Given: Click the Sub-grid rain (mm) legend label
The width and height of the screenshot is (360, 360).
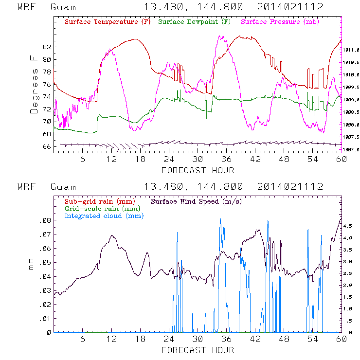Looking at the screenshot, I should (99, 201).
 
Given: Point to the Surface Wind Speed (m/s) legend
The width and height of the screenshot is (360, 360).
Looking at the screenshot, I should (197, 201).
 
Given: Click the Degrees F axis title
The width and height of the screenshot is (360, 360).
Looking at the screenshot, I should (34, 84).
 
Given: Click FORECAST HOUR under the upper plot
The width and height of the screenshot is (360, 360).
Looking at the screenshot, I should (198, 170).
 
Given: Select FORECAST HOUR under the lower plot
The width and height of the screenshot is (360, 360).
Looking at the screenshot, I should (198, 350).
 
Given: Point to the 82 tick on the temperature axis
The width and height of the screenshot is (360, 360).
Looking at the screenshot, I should (46, 47).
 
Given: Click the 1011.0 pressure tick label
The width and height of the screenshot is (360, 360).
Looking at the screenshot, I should (351, 50).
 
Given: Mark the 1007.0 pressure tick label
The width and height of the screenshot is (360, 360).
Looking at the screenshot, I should (351, 150).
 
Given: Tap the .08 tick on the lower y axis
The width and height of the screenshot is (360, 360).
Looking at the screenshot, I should (45, 220).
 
